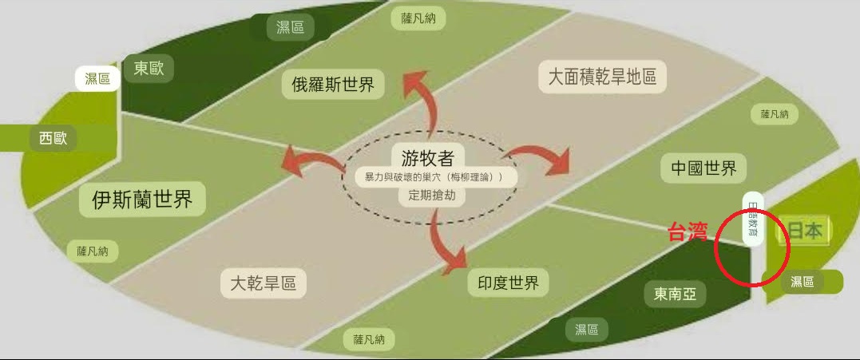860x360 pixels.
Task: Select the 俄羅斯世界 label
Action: click(333, 84)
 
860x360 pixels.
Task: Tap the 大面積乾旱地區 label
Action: click(601, 77)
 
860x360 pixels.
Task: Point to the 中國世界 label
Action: click(703, 168)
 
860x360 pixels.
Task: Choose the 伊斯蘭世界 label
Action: click(142, 199)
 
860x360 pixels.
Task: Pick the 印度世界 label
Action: click(508, 282)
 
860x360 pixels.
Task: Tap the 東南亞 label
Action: click(675, 294)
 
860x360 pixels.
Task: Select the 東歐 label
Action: click(149, 69)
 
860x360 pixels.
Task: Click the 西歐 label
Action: click(54, 139)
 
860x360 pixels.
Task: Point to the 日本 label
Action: click(805, 231)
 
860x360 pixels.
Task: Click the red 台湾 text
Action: click(688, 232)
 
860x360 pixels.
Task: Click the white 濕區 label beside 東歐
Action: click(97, 78)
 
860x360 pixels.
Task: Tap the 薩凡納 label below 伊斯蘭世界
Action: click(93, 251)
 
